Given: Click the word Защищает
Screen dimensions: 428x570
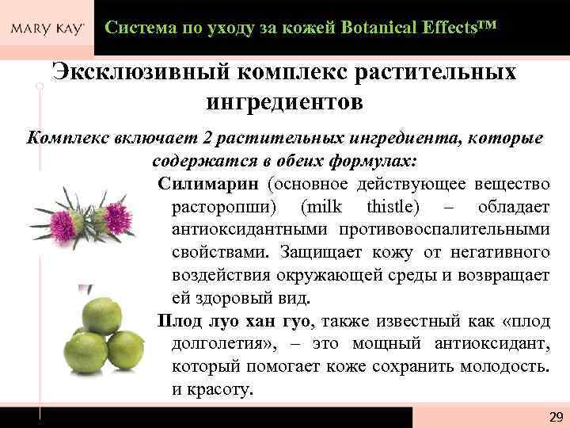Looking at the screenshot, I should (x=313, y=253).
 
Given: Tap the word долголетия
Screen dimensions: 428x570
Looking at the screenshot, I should (x=220, y=345).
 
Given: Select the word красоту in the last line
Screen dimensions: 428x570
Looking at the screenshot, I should (x=220, y=391).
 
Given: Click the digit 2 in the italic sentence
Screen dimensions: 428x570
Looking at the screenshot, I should (x=207, y=139).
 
